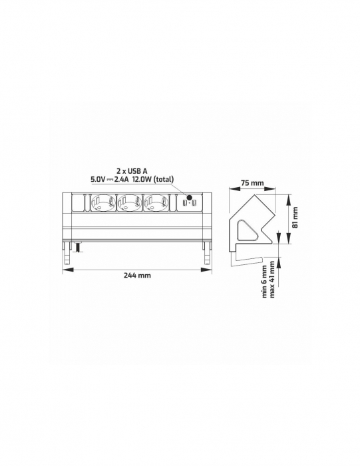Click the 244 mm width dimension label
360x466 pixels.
(x=137, y=276)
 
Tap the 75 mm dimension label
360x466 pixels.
(x=252, y=182)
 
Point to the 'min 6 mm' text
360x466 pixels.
(x=264, y=282)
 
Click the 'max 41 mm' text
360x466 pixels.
(x=273, y=282)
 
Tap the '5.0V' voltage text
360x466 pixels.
(x=98, y=179)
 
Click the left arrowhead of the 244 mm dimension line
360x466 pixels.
(x=67, y=269)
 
